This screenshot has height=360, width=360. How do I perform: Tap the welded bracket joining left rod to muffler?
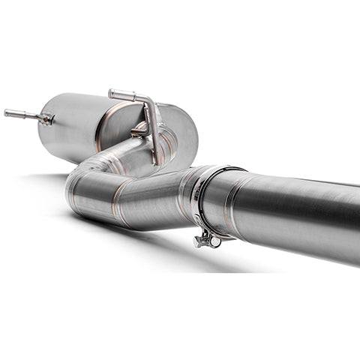point(46,118)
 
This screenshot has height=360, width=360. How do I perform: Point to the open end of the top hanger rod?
point(112,94)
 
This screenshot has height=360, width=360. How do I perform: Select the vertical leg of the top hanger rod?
point(155,131)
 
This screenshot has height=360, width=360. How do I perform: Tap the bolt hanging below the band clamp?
point(200,241)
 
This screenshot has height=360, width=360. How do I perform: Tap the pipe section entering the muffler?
point(124,154)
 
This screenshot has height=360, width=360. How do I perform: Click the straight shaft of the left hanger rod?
point(22,115)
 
